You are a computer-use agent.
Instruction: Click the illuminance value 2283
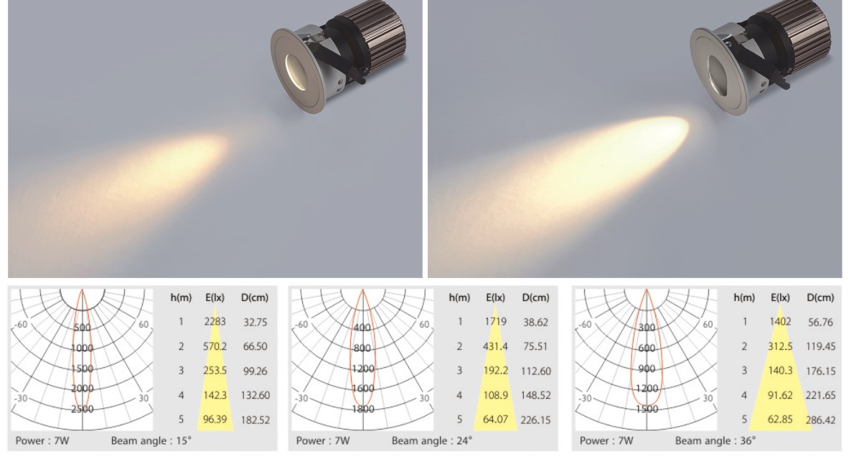click(x=215, y=322)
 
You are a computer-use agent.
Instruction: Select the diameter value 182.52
click(x=255, y=420)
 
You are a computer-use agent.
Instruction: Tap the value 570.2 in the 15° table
click(x=215, y=346)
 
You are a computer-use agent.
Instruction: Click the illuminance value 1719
click(x=496, y=322)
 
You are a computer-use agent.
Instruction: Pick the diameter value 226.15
click(x=536, y=420)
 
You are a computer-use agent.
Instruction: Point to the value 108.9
click(x=496, y=395)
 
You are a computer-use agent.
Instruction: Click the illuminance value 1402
click(x=780, y=322)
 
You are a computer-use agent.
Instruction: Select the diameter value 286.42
click(x=821, y=420)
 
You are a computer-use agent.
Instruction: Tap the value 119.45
click(x=821, y=346)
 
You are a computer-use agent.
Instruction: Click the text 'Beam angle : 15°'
click(x=151, y=441)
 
